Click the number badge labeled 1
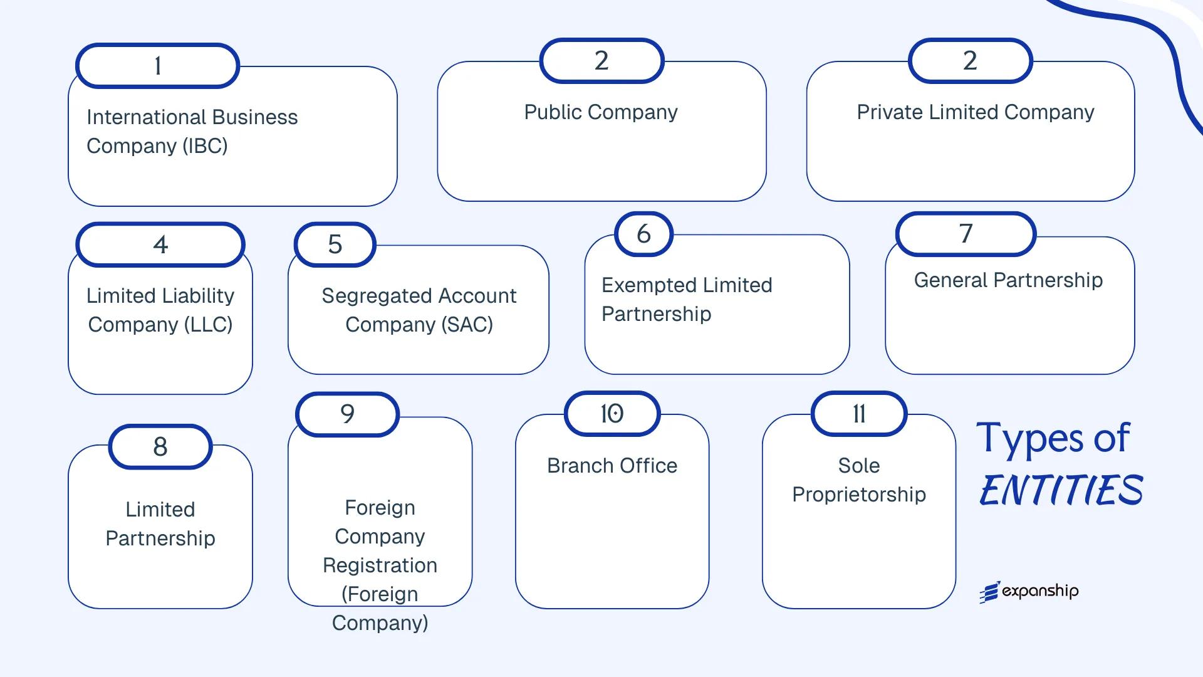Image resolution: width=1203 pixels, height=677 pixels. [157, 66]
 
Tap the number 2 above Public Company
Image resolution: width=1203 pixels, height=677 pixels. [601, 61]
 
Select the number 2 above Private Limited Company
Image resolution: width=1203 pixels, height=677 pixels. [970, 61]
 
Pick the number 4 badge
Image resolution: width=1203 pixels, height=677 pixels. [160, 244]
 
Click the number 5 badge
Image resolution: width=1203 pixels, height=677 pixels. [335, 244]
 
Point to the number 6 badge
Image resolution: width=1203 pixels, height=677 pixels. [643, 234]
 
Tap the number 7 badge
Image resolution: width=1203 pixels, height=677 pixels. [966, 234]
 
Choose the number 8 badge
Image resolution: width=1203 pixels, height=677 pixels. [160, 447]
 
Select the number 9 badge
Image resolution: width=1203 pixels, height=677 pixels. [347, 414]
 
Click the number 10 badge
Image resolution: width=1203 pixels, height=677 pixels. [612, 414]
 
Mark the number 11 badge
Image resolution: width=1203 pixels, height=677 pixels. [859, 414]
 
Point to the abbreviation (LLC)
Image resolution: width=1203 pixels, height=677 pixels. [207, 325]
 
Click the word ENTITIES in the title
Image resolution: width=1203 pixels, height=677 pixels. [1061, 490]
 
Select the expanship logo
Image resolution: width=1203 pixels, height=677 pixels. [1029, 591]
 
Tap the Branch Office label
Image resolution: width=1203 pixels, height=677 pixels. [612, 466]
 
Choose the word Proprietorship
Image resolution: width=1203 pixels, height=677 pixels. [859, 495]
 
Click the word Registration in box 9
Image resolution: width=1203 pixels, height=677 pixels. [380, 565]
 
